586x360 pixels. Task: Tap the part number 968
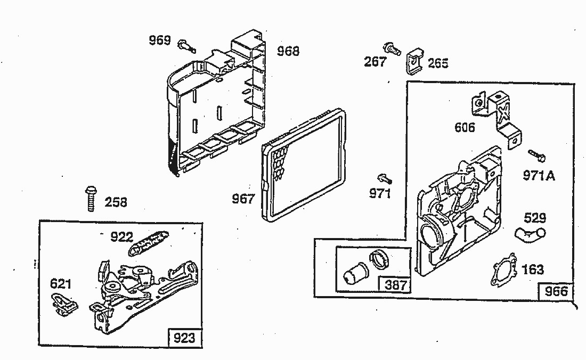[288, 51]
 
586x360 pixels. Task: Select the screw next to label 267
[392, 50]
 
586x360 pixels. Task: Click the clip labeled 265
[415, 60]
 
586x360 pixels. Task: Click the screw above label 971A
[536, 156]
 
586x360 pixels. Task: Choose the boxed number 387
[395, 285]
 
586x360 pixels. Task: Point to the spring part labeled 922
[150, 241]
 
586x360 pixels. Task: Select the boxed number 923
[184, 337]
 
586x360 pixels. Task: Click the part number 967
[243, 199]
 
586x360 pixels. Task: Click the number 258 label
[116, 202]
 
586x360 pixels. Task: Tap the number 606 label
[465, 127]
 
